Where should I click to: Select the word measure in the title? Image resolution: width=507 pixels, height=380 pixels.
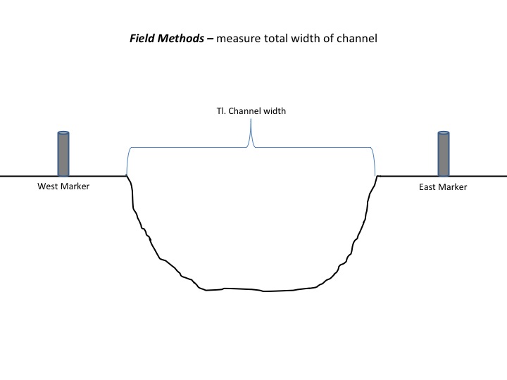(x=239, y=39)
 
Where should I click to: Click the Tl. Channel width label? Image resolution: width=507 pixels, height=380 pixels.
(x=251, y=110)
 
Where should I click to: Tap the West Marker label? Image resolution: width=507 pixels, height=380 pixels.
(x=63, y=186)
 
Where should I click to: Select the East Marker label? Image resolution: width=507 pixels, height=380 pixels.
(x=443, y=187)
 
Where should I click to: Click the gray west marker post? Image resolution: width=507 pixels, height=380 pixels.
(x=63, y=155)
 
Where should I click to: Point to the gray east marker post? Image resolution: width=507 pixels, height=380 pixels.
(x=444, y=155)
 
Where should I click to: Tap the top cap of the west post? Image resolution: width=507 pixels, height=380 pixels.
(x=63, y=133)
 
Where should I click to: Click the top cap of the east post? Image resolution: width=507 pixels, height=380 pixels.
(x=444, y=133)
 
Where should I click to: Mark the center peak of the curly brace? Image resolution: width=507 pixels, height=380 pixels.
(x=251, y=121)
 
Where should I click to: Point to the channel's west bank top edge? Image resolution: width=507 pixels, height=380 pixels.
(x=127, y=176)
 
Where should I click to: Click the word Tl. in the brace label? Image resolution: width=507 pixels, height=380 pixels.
(x=220, y=110)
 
